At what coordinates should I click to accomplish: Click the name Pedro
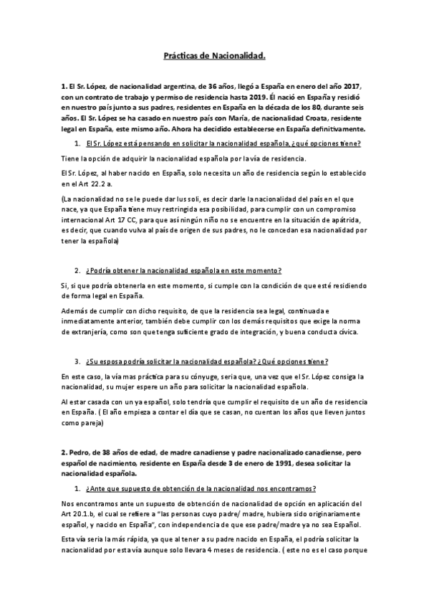[x=79, y=453]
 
